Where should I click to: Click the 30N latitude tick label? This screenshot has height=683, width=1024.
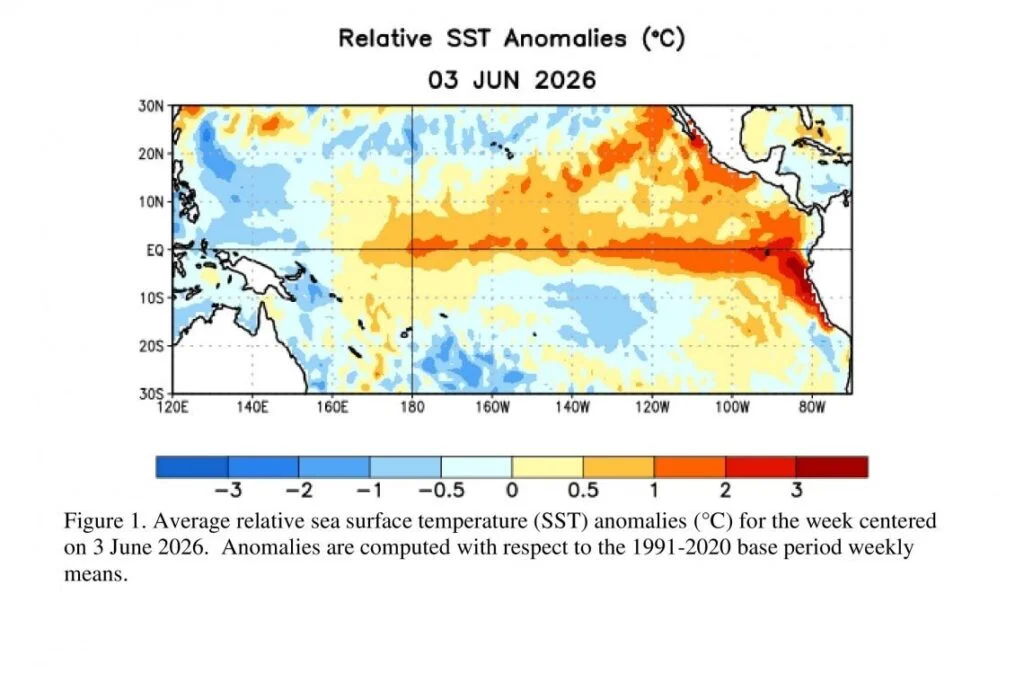coord(151,106)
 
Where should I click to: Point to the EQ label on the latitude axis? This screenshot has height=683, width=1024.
coord(155,250)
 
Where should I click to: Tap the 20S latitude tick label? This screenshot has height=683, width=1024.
coord(151,346)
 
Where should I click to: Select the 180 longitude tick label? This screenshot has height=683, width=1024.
coord(411,407)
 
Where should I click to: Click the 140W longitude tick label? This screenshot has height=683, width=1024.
coord(572,407)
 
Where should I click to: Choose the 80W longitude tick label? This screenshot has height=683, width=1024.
coord(812,407)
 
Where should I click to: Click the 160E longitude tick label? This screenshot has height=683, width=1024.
coord(332,407)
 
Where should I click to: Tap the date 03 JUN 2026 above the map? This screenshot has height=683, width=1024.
coord(512,80)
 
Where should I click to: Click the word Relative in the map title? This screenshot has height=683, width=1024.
coord(385,38)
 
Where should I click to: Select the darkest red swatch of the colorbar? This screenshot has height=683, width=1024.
coord(832,467)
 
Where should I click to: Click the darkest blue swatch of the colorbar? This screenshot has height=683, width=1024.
coord(192,467)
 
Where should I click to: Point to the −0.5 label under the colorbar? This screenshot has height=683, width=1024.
coord(441,490)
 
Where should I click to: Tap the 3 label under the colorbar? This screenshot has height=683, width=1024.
coord(797,490)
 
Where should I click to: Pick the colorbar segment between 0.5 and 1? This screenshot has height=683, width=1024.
coord(618,467)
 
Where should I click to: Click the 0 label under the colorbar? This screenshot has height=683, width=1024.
coord(512,490)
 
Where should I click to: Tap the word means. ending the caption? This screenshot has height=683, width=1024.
coord(95,575)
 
